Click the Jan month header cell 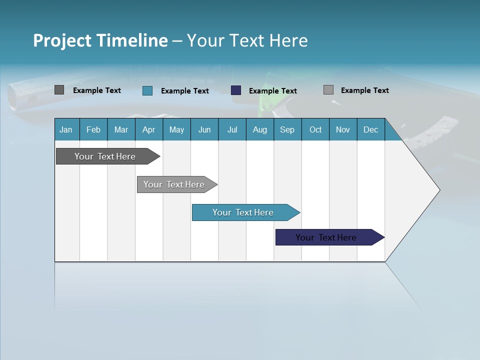tap(66, 129)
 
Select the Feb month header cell tap(93, 129)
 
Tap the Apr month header tap(149, 129)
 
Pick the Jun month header tap(204, 129)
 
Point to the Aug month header tap(260, 129)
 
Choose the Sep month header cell tap(287, 129)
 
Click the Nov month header tap(343, 129)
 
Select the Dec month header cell tap(371, 129)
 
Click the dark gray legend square tap(59, 90)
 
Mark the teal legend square tap(147, 90)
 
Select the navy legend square tap(236, 90)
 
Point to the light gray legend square tap(328, 90)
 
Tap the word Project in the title tap(61, 40)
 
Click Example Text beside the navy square tap(272, 90)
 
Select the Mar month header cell tap(121, 129)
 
